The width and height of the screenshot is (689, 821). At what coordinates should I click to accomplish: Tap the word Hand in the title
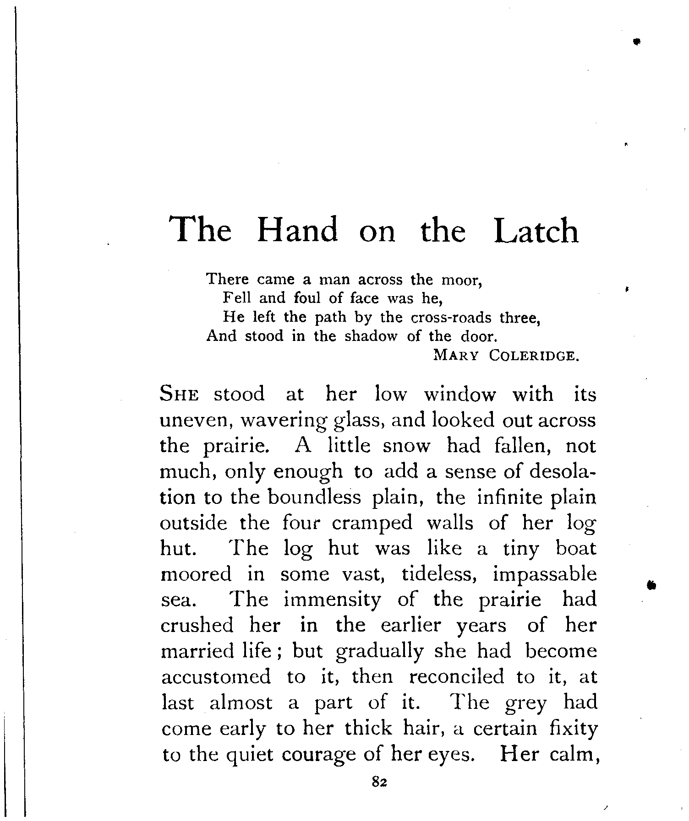pyautogui.click(x=297, y=230)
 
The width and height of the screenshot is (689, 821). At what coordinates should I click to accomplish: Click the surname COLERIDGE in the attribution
pyautogui.click(x=531, y=356)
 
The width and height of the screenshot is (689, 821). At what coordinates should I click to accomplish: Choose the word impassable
pyautogui.click(x=545, y=574)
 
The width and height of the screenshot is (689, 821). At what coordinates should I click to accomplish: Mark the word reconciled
pyautogui.click(x=456, y=677)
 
